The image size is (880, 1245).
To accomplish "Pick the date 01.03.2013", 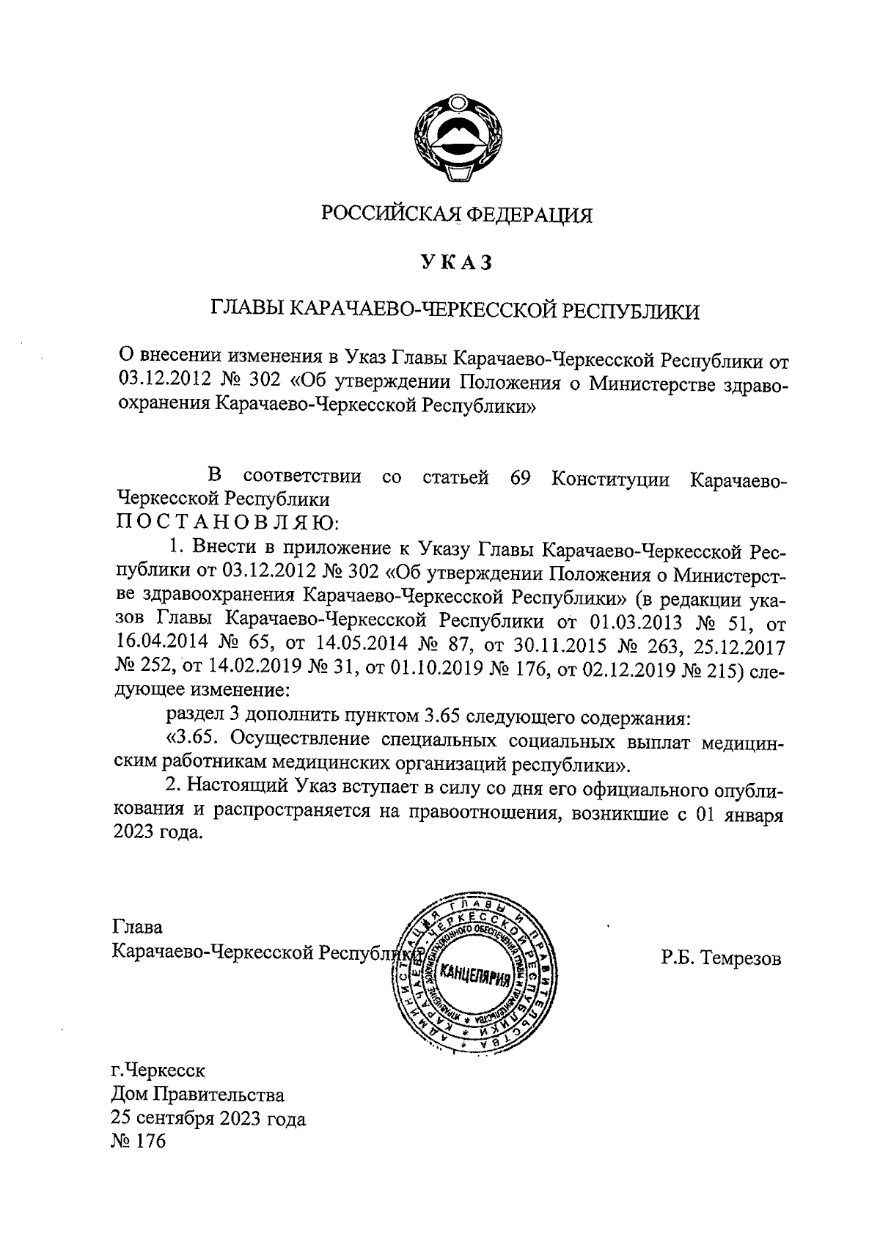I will [633, 622].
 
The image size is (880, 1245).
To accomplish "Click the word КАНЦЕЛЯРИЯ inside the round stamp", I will [474, 976].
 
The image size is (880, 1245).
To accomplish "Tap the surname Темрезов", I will [741, 958].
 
